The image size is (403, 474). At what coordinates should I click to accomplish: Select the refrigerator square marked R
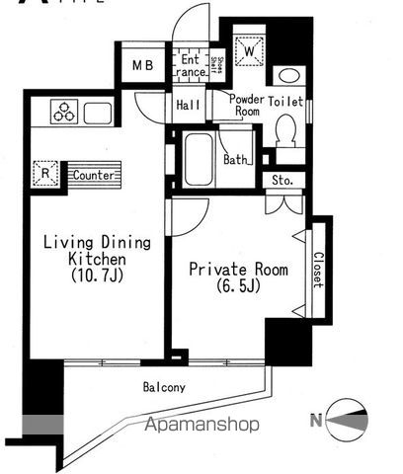45,174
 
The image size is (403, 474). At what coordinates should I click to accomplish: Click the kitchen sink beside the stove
98,113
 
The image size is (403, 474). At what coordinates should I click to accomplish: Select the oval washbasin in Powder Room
288,76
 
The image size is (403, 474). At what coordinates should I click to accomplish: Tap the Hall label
189,104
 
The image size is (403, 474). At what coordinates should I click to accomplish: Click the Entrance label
193,65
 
